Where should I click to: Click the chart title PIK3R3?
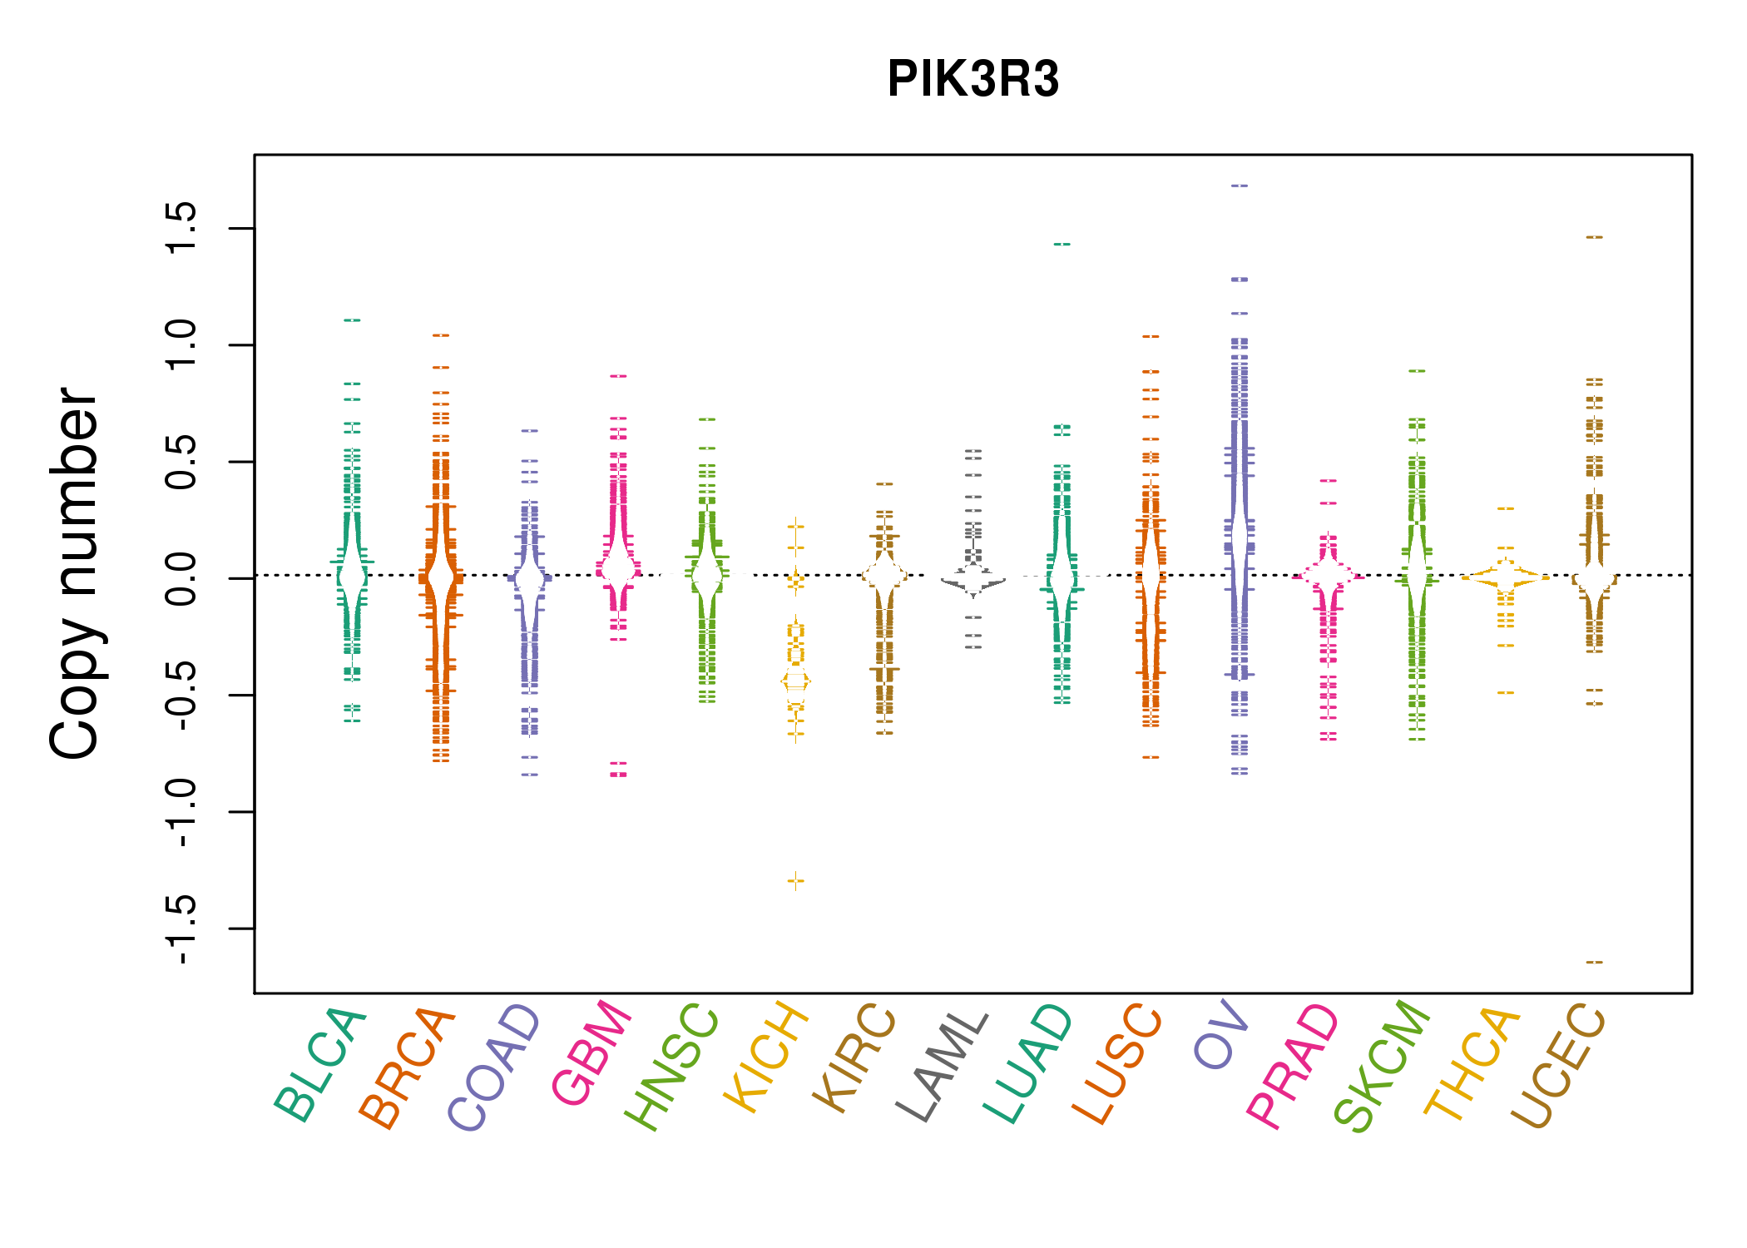pos(972,79)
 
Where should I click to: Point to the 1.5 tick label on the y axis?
pos(181,228)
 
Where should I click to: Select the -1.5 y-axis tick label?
pos(181,929)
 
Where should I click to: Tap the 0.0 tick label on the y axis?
pos(181,578)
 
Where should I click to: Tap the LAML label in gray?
pos(943,1066)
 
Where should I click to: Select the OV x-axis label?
pos(1221,1035)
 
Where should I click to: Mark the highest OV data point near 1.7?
pos(1240,186)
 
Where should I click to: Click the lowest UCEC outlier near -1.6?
pos(1594,963)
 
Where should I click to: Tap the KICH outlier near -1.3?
pos(796,880)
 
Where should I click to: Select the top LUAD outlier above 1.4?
pos(1062,245)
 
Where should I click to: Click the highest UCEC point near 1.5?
pos(1594,237)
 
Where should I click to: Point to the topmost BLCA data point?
pos(353,320)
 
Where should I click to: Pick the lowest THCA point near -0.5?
pos(1506,693)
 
